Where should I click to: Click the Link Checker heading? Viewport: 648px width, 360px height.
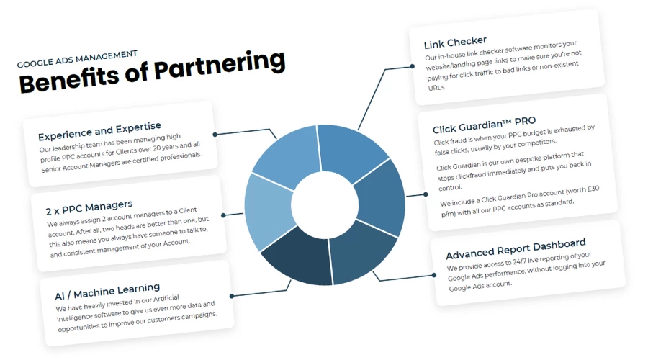click(x=455, y=42)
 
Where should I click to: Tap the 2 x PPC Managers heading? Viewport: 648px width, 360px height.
click(x=89, y=208)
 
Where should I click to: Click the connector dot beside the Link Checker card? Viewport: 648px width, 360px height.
click(x=413, y=66)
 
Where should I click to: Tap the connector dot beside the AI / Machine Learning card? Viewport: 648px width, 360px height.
click(x=232, y=294)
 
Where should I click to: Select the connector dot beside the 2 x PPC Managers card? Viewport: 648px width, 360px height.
click(x=224, y=215)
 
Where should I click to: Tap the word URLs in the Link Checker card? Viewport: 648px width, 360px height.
click(x=436, y=88)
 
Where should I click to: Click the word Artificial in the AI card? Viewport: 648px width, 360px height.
click(x=162, y=297)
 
